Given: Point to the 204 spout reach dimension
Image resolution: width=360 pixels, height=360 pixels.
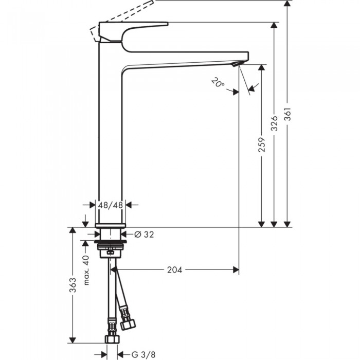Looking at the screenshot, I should coord(175,269).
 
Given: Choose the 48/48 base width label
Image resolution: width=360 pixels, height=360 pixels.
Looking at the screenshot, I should coord(111,204).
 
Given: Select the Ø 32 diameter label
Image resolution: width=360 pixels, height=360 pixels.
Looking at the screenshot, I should coord(144,235).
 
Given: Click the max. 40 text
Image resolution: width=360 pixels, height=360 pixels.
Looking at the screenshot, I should coord(87,271).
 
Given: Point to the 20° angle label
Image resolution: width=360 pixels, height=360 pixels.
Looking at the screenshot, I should coord(218,82).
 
